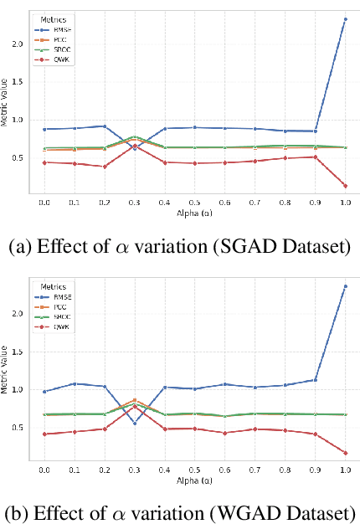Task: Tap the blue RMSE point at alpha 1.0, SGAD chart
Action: (344, 18)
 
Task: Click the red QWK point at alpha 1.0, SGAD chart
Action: (344, 186)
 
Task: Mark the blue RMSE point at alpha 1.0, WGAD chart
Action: (344, 286)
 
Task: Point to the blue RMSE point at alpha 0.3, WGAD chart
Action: (134, 424)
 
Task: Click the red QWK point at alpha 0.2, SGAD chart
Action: (104, 167)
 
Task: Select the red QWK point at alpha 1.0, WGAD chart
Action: (344, 453)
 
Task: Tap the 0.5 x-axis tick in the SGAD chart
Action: (194, 203)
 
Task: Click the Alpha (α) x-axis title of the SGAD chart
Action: (194, 214)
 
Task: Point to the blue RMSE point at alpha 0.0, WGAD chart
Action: (44, 391)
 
